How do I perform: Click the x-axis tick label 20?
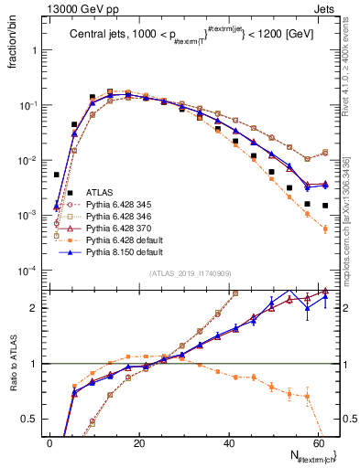139,443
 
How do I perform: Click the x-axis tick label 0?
50,443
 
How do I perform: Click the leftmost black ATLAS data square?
57,174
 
